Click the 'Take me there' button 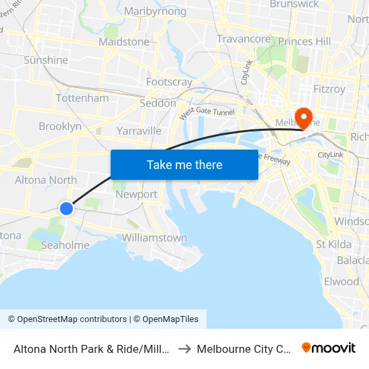pos(184,164)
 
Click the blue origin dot pos(66,209)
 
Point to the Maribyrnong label pos(155,11)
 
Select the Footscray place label pos(169,82)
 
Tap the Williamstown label pos(154,238)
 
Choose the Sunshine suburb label pos(46,60)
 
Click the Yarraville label pos(139,130)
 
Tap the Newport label pos(136,195)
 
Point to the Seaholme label pos(65,245)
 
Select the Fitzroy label pos(329,89)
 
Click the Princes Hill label pos(305,42)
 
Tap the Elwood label pos(341,281)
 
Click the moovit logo pos(329,348)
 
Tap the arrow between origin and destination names pos(186,349)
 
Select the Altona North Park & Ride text pos(90,349)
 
